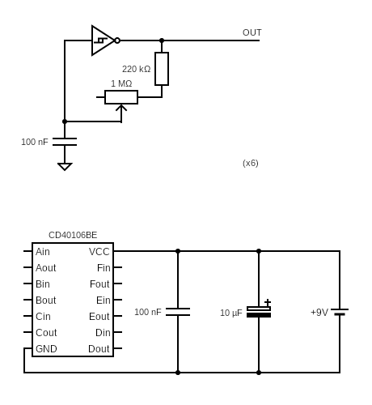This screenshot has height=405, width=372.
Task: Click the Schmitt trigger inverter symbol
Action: (104, 40)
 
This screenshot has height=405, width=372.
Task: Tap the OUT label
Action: (252, 32)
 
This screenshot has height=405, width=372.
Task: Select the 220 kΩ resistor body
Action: (162, 69)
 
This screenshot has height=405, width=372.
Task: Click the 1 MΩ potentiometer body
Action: (121, 97)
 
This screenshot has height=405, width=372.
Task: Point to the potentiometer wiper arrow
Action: (121, 109)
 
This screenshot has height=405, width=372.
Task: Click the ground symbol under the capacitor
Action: (65, 166)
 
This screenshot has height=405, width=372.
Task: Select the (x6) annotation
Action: (251, 163)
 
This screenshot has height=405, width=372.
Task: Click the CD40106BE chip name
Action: (73, 235)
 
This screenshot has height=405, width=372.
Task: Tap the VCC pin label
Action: (99, 252)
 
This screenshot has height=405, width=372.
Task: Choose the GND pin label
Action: (46, 349)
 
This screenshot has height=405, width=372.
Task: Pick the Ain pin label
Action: (43, 252)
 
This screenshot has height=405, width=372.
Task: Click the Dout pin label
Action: (99, 349)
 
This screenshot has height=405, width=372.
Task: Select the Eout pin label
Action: (99, 317)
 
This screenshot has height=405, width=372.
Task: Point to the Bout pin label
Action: (46, 301)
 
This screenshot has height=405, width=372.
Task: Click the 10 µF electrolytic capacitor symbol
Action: (259, 312)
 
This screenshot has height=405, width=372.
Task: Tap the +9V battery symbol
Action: (340, 312)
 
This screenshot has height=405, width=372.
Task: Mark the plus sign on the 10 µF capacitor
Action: (268, 302)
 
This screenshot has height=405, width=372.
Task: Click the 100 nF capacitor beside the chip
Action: (178, 312)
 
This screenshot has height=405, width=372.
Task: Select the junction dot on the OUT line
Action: (162, 40)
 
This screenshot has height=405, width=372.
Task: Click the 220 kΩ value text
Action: (136, 69)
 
